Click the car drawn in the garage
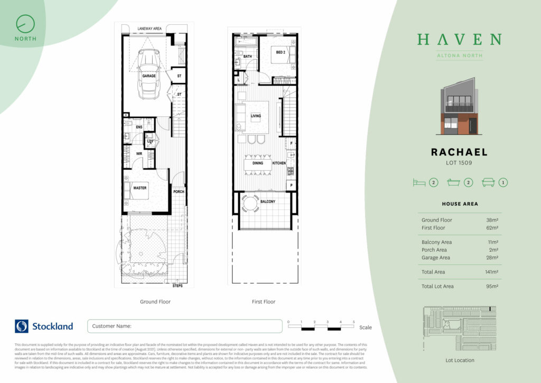click(x=148, y=74)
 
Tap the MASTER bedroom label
click(x=140, y=188)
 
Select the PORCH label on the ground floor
click(x=179, y=191)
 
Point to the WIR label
click(x=139, y=154)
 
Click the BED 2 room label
click(x=281, y=52)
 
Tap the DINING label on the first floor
click(x=258, y=163)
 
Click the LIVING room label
click(x=256, y=116)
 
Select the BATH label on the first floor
click(x=247, y=57)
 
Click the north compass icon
click(x=25, y=23)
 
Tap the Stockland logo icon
click(x=22, y=326)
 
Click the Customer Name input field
click(x=184, y=326)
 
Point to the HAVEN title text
click(x=459, y=40)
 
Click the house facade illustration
click(x=459, y=110)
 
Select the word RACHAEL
click(x=459, y=152)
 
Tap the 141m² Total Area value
click(x=492, y=272)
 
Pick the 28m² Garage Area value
click(x=492, y=258)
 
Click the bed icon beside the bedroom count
click(x=419, y=183)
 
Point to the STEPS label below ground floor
click(x=178, y=286)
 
